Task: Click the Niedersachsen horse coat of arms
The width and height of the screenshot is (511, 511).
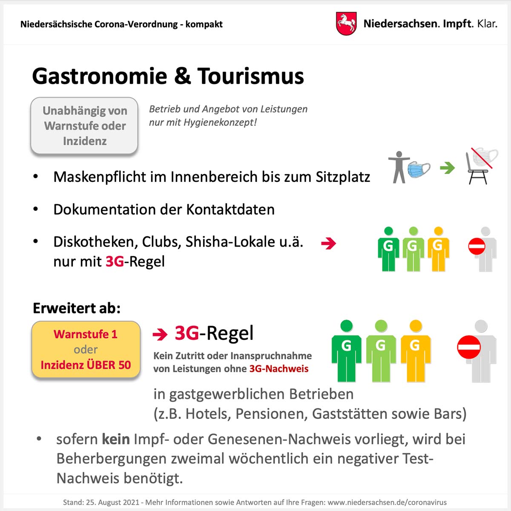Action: (346, 23)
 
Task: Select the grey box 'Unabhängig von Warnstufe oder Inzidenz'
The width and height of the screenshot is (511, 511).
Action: (84, 126)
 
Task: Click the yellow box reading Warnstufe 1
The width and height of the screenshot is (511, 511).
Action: (86, 350)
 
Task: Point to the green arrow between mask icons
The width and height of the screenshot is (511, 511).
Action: (447, 168)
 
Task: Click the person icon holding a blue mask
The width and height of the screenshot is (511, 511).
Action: (408, 167)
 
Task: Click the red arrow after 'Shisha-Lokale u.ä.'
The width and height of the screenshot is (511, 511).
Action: (328, 244)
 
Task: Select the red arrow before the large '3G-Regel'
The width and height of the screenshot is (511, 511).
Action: (160, 335)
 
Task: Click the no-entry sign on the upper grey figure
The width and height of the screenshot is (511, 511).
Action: (477, 247)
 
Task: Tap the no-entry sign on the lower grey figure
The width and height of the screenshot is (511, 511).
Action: (469, 347)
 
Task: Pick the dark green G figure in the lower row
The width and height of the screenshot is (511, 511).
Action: (347, 351)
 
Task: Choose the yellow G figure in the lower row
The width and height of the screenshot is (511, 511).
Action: (415, 351)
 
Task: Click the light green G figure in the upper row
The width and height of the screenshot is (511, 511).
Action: (413, 249)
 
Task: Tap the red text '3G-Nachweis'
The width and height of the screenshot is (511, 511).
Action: (278, 369)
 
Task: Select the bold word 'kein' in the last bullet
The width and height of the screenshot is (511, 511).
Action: (115, 439)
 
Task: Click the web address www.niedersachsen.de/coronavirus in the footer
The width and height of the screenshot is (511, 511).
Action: (387, 502)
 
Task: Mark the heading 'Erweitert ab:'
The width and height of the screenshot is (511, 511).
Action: (77, 308)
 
